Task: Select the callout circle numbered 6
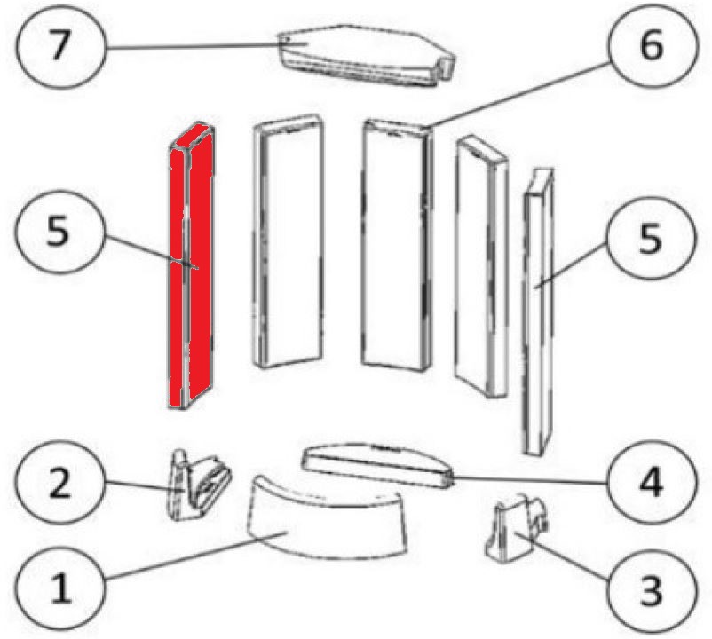click(651, 45)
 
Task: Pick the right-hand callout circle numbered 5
click(651, 239)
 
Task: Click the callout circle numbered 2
click(60, 483)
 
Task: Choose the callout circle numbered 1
click(60, 588)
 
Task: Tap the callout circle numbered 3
click(651, 591)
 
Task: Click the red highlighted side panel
click(191, 266)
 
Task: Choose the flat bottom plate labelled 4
click(378, 466)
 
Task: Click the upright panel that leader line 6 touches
click(397, 245)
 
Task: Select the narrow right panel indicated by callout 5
click(538, 312)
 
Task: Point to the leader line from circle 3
click(562, 556)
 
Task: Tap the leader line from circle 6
click(519, 95)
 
